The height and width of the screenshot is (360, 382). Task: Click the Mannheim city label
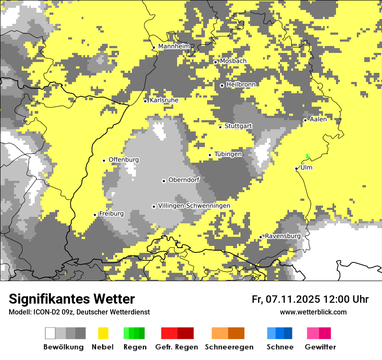(174, 46)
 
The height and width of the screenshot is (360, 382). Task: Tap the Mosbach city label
(233, 61)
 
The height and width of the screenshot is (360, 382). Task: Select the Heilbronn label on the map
(241, 85)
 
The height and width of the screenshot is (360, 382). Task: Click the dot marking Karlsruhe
(145, 101)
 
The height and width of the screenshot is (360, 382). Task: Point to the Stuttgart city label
(238, 126)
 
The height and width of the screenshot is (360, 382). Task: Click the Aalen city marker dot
(305, 120)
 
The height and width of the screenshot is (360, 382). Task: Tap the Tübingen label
(228, 154)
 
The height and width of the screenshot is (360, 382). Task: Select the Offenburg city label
(124, 160)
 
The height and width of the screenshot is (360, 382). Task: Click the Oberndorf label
(184, 180)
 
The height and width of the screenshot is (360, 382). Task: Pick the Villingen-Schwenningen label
(194, 206)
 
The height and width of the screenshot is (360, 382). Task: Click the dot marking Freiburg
(95, 215)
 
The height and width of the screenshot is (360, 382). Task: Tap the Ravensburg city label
(283, 236)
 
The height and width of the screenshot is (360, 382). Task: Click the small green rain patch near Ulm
(308, 156)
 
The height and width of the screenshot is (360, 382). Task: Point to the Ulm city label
(306, 167)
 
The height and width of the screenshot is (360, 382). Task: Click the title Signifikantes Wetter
(72, 299)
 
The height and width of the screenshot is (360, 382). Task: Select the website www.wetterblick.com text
(313, 312)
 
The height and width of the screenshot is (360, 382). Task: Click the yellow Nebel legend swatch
(103, 333)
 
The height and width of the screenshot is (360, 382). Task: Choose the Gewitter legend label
(320, 347)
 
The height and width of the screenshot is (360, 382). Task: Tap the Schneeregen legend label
(229, 347)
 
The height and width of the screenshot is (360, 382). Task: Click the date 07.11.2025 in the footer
(293, 299)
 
